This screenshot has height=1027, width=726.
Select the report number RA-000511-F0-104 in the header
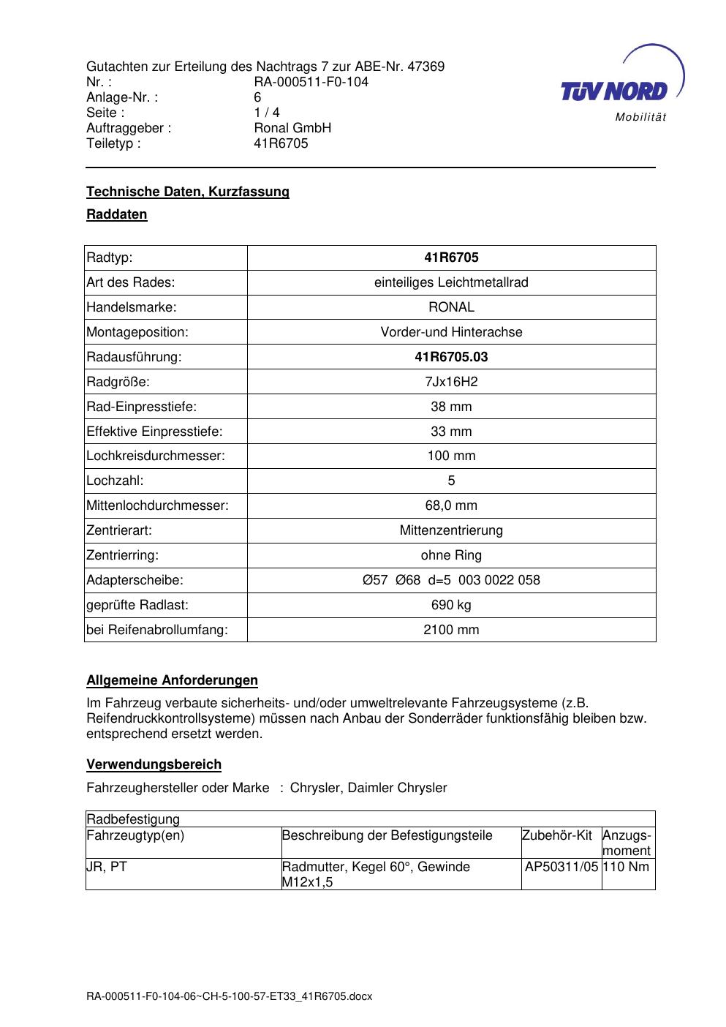coord(311,82)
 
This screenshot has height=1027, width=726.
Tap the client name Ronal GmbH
coord(292,128)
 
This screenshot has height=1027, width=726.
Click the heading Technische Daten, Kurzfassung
coord(188,192)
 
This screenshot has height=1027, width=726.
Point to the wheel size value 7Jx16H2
coord(451,382)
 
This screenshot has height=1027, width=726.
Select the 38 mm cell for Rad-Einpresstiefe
coord(451,407)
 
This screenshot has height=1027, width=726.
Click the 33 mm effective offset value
coord(451,432)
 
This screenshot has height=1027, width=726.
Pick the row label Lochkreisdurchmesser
coord(156,456)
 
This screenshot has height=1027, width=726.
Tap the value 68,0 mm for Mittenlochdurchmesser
coord(451,505)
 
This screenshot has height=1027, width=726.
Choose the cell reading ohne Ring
coord(451,555)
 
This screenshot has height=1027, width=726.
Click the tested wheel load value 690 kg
coord(451,605)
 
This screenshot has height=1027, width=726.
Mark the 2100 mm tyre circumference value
coord(451,630)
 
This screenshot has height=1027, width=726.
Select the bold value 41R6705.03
coord(451,357)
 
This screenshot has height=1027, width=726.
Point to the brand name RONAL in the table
coord(451,307)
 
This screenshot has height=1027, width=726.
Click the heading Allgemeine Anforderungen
coord(172,680)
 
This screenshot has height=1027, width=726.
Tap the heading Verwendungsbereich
coord(154,764)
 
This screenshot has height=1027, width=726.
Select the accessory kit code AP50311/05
coord(561,867)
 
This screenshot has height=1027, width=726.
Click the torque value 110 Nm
coord(626,867)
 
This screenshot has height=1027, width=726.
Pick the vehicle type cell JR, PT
coord(107,867)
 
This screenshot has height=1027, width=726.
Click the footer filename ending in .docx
coord(229,996)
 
